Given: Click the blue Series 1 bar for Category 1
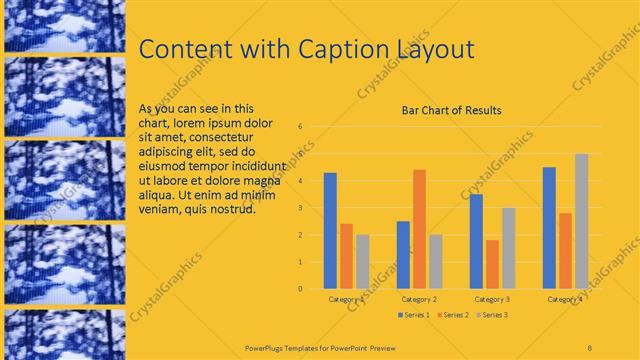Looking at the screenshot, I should coord(330,230).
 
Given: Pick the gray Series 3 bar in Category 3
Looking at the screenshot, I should coord(508,248).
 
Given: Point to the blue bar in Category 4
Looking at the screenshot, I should coord(549,227).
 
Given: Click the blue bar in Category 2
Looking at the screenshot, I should coord(403,254).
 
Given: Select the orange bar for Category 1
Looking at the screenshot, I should coord(346,256).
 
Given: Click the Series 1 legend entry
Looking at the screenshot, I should coord(414,315).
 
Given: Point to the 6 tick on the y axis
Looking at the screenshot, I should coord(301,127).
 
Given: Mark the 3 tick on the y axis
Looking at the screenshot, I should coord(301,208).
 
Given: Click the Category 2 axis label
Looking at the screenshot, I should coord(419,299).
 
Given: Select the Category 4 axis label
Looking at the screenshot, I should coord(565,299).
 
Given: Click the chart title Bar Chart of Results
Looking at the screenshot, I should coord(451,110).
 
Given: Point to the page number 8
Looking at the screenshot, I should coord(591,346).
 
